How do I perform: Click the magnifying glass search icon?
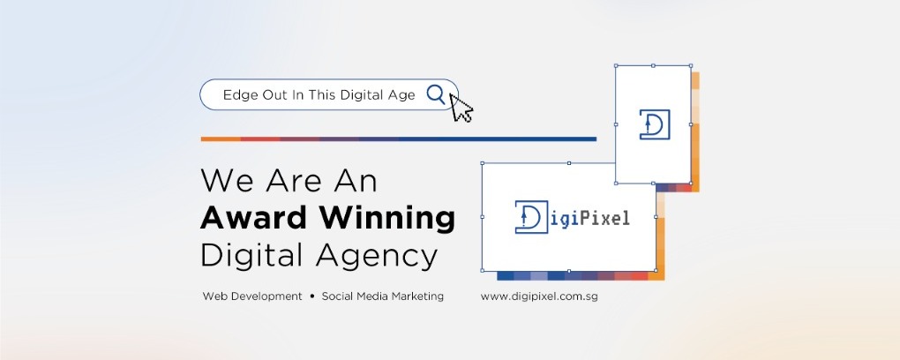pos(436,94)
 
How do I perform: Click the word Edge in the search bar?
pos(240,95)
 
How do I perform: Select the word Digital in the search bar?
pos(362,95)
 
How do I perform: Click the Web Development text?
pos(252,296)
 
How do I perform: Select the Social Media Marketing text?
pos(382,296)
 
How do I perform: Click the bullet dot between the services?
pos(311,296)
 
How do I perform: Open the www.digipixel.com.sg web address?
pos(539,296)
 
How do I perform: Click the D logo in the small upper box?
pos(655,124)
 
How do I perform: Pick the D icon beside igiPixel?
pos(531,217)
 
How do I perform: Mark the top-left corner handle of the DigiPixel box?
pos(482,163)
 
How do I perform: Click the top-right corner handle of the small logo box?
pos(691,65)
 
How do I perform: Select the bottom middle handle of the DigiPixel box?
pos(569,271)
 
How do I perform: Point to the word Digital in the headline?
pos(254,257)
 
